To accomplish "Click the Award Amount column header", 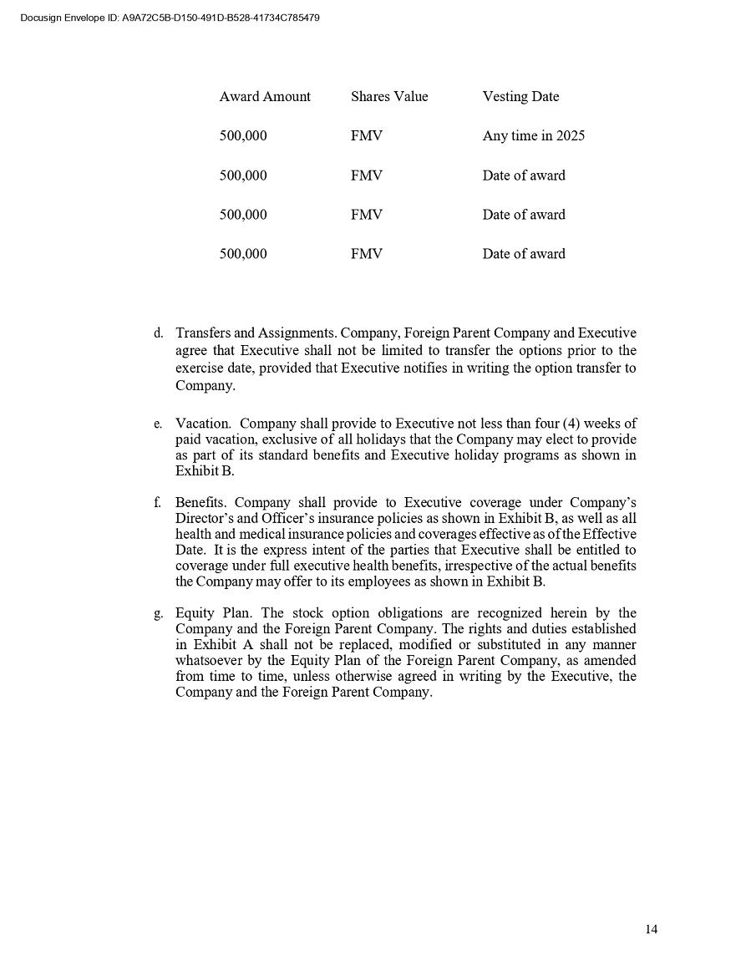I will pyautogui.click(x=265, y=97).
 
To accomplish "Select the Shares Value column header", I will pyautogui.click(x=389, y=97).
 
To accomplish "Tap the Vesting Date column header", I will pyautogui.click(x=520, y=97).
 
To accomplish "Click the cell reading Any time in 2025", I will pyautogui.click(x=533, y=136).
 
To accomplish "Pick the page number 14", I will pyautogui.click(x=652, y=929).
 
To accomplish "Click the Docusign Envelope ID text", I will pyautogui.click(x=170, y=18).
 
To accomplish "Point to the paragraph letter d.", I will pyautogui.click(x=158, y=333).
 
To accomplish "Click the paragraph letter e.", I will pyautogui.click(x=158, y=424).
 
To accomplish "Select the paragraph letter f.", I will pyautogui.click(x=158, y=503).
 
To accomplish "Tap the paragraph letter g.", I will pyautogui.click(x=158, y=614).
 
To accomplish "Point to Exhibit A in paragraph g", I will pyautogui.click(x=216, y=645).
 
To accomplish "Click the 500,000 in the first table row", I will pyautogui.click(x=243, y=136).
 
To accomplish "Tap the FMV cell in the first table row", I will pyautogui.click(x=367, y=136).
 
